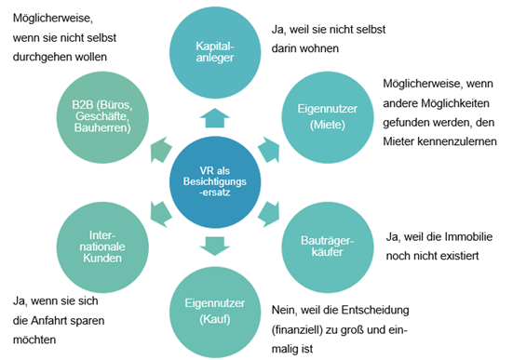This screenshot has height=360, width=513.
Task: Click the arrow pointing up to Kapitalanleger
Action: [215, 117]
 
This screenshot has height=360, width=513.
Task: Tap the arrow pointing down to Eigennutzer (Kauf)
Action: [215, 246]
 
